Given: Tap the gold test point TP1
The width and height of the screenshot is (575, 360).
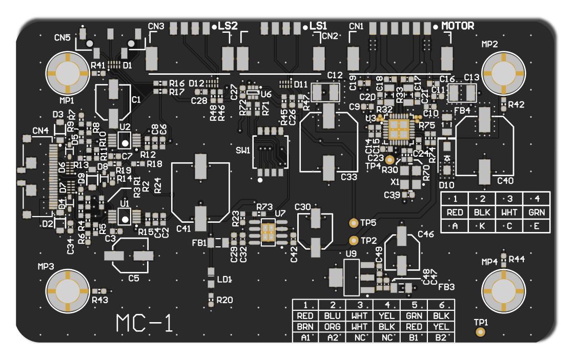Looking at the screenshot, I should tap(480, 332).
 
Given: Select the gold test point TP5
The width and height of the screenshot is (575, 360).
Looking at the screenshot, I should tap(353, 223).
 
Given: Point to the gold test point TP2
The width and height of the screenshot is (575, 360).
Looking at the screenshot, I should tap(353, 240).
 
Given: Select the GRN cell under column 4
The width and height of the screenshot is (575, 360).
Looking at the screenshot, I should tap(537, 212).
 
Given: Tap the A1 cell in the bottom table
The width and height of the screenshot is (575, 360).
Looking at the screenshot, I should tap(305, 337).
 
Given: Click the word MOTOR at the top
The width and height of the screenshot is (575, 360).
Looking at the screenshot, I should tap(458, 26).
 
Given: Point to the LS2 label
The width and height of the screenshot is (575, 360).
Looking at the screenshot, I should tap(227, 26).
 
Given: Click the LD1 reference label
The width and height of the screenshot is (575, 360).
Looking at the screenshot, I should tap(224, 280).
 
